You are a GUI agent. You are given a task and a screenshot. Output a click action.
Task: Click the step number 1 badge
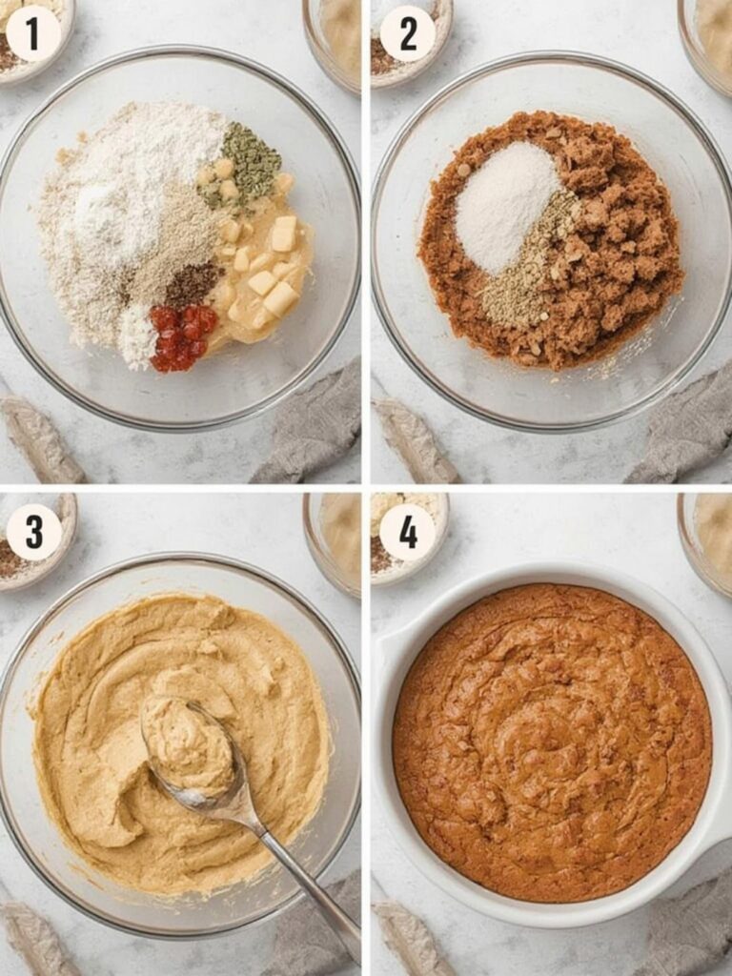coord(33,33)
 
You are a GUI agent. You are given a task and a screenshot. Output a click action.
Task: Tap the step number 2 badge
coord(407,33)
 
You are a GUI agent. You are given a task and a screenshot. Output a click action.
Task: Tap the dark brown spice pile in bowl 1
coord(193,284)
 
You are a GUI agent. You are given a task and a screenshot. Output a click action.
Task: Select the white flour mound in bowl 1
coord(143,191)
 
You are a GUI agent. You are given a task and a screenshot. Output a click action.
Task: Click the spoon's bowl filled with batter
coord(188,745)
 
